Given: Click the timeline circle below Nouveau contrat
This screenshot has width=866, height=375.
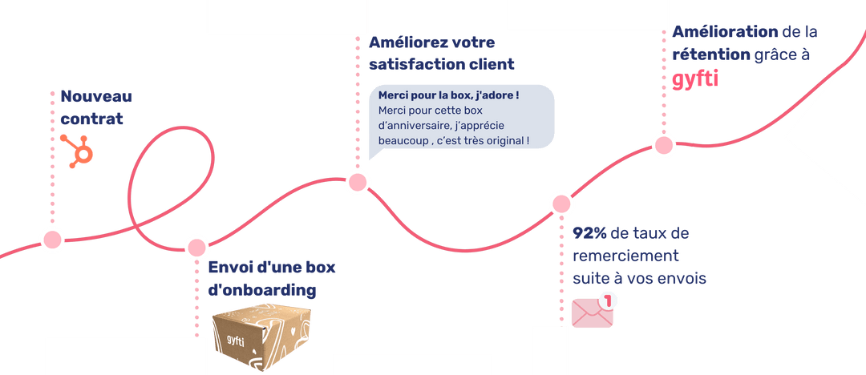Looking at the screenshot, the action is click(52, 239).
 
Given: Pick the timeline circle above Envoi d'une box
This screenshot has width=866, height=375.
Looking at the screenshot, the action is click(196, 248).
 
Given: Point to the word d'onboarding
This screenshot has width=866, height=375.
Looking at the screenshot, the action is click(261, 289).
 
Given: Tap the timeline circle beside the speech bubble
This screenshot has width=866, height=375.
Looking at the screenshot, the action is click(358, 183).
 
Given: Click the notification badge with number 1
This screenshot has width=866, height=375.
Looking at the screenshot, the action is click(609, 301).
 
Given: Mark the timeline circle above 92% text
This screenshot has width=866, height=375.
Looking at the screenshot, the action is click(560, 204).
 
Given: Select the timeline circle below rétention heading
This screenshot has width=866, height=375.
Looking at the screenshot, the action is click(663, 145).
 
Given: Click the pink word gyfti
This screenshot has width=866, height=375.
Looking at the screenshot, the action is click(695, 80).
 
